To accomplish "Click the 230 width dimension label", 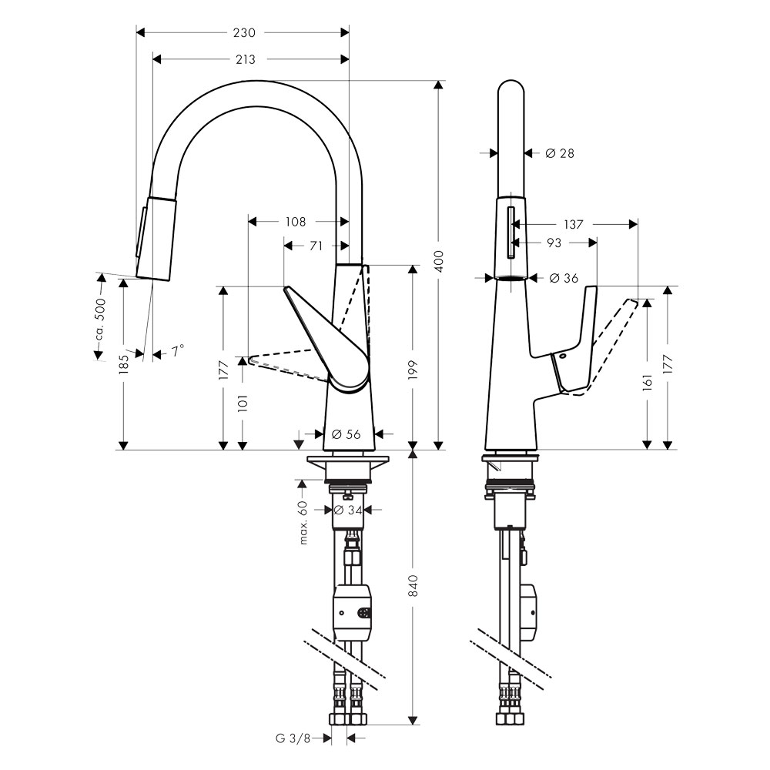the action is coord(244,33).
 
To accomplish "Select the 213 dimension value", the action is coord(245,59).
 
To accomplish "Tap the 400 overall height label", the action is coord(439,261).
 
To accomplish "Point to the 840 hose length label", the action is coord(413,585).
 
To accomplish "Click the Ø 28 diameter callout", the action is coord(560,154).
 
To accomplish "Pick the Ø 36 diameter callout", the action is coord(564,279).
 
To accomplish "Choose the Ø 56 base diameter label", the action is coord(346,434).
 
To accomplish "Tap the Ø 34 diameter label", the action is coord(348,511).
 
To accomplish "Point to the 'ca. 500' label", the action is coord(100,320).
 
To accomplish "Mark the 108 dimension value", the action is coord(296,222).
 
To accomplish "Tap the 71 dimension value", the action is coord(316,246).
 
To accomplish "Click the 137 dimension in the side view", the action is coord(573,224).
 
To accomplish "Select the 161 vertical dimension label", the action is coord(648,383).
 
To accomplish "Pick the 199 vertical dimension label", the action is coord(413,370).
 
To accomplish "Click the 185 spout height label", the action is coord(124,364).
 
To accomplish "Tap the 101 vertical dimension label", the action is coord(243,403).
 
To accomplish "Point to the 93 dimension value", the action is coord(554,243).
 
